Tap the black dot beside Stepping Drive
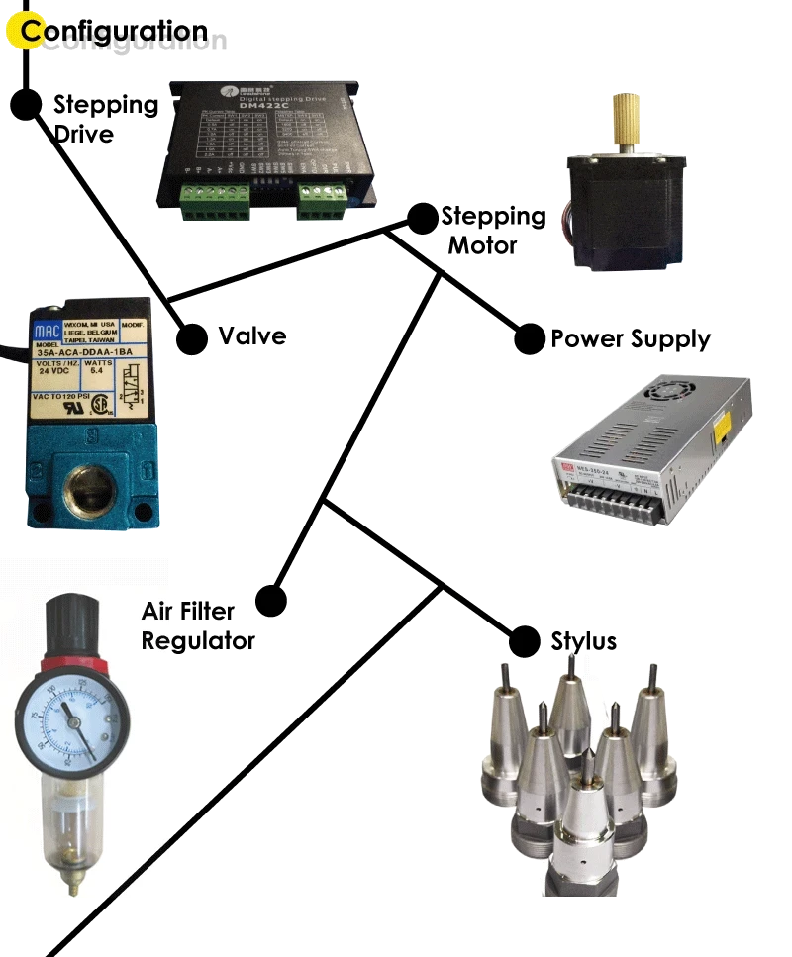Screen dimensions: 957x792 pos(25,103)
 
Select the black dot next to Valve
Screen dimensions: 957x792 pos(191,338)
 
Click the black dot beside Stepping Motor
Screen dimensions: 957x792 pos(423,218)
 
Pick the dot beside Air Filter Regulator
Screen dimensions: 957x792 pos(270,601)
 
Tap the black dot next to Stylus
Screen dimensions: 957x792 pos(524,640)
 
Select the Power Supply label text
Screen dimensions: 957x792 pos(631,339)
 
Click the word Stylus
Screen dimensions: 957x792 pos(584,641)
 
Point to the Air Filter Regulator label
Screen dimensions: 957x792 pos(196,625)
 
